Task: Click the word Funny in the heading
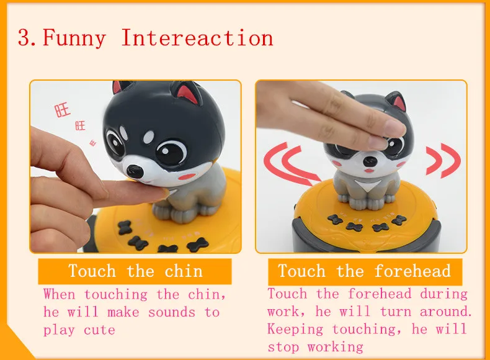[74, 38]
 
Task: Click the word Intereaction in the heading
[197, 38]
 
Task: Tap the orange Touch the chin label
[135, 271]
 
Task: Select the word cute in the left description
[99, 330]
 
